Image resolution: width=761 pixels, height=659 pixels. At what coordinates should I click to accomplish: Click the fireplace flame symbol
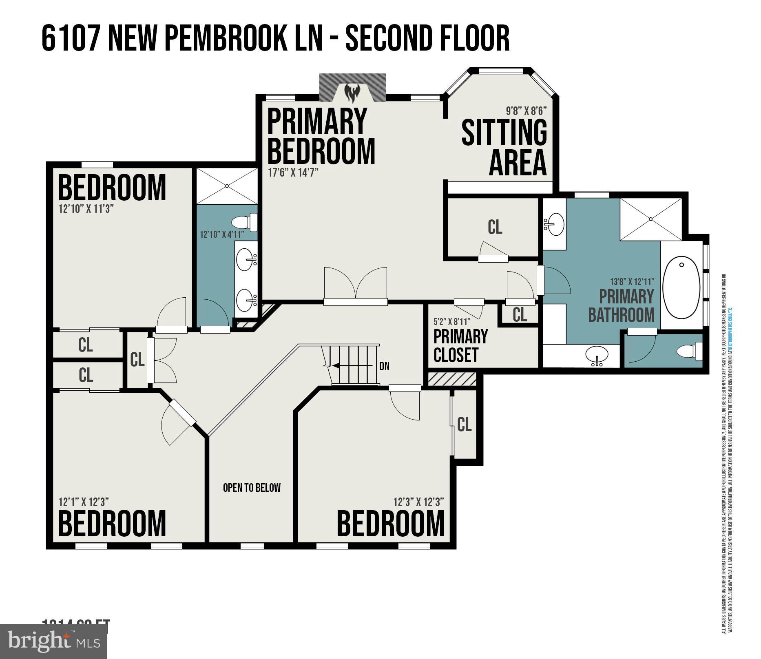352,93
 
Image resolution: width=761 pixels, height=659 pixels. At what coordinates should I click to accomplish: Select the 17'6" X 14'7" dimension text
292,172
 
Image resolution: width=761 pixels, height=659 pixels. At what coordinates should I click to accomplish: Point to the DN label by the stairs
384,366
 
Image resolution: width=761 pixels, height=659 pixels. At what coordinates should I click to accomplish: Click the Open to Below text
252,488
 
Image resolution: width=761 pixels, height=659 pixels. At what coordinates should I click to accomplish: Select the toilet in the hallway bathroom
244,222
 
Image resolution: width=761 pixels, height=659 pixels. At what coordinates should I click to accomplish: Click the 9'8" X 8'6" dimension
526,111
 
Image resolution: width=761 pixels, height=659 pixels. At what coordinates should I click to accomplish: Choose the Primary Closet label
460,346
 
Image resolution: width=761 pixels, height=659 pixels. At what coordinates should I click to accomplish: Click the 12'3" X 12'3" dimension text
418,502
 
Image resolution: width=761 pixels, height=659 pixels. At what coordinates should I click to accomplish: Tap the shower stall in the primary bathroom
650,219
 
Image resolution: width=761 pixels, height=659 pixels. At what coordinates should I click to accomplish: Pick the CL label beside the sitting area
495,227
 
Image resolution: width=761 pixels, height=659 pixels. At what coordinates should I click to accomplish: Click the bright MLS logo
53,641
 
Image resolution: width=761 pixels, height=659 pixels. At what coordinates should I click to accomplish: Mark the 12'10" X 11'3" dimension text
86,209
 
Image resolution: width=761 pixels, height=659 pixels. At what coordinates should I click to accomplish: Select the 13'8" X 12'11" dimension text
632,282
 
